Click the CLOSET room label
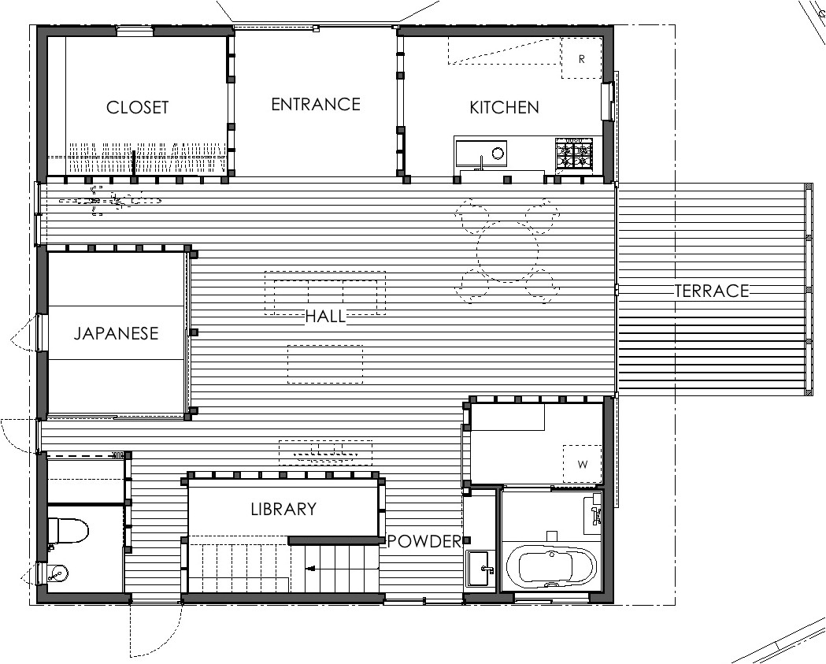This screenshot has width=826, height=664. (137, 107)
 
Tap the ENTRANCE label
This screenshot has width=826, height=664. (316, 105)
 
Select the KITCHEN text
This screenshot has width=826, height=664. (504, 108)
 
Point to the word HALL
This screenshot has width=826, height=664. (325, 317)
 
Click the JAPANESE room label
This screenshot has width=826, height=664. (116, 333)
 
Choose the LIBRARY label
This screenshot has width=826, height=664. (283, 510)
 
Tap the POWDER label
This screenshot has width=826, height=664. (424, 541)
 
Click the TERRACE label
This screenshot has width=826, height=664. (711, 291)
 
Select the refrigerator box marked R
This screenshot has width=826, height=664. (581, 59)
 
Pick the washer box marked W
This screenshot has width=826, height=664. (583, 464)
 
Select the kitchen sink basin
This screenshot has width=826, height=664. (481, 153)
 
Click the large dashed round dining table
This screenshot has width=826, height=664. (507, 251)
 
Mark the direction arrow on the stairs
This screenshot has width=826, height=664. (312, 566)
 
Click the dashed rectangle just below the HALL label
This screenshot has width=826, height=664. (325, 364)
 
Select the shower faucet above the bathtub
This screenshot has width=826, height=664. (594, 512)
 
